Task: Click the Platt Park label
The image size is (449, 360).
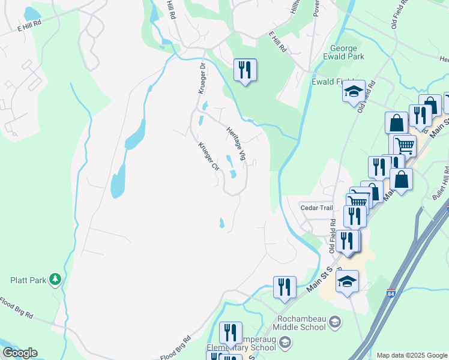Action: [28, 280]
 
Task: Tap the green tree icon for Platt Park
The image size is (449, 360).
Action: [55, 279]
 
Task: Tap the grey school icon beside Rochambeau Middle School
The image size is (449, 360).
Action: [334, 322]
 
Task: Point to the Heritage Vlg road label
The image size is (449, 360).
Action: [236, 143]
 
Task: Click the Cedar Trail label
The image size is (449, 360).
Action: [316, 208]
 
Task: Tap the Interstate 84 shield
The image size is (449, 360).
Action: [391, 294]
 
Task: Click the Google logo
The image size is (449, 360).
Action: [20, 353]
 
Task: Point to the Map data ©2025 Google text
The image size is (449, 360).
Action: [412, 355]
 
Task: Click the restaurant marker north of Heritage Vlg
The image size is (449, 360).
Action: [245, 70]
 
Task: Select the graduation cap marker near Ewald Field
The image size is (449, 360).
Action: [354, 92]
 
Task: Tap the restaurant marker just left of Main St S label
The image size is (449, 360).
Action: [285, 287]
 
